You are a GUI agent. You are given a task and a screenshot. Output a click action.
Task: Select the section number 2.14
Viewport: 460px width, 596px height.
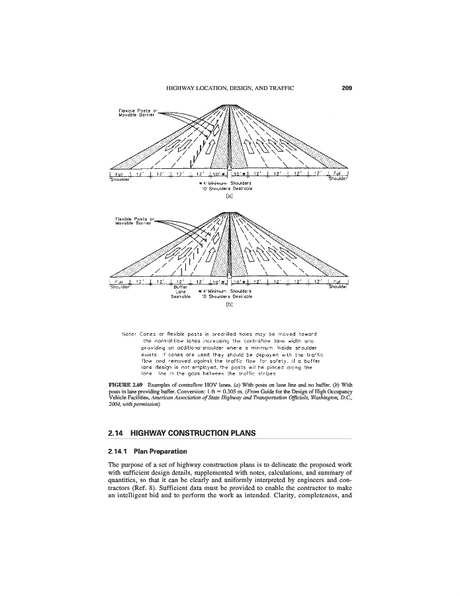116,433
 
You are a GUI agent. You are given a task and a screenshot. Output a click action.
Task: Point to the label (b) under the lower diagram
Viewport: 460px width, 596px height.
229,305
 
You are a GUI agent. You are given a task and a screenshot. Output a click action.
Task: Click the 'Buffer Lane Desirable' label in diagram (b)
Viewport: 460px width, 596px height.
180,292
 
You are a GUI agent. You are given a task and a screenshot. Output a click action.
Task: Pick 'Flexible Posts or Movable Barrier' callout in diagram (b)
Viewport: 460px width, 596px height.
134,221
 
